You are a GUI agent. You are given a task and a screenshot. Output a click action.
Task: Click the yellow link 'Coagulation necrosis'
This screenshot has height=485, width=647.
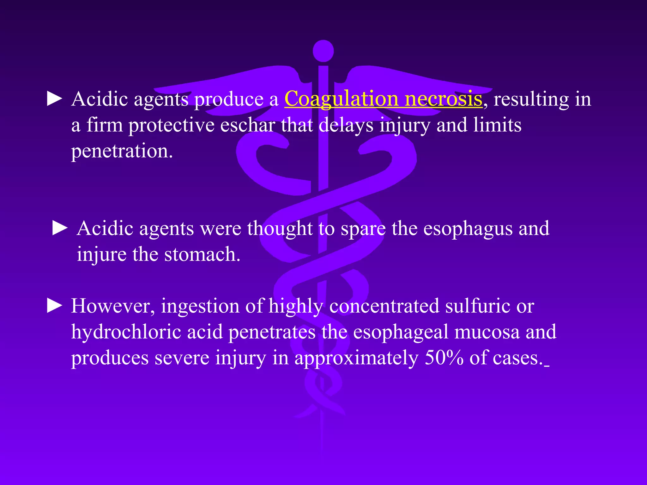[x=383, y=99]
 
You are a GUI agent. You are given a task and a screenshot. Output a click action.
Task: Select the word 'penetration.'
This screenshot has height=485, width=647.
[x=122, y=151]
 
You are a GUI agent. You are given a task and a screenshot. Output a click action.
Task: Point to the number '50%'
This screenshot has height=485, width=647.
[x=444, y=358]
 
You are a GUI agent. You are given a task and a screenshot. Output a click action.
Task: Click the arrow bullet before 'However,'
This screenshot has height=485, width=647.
[x=55, y=306]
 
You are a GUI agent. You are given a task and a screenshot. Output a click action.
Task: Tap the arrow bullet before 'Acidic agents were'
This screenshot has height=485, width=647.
[x=60, y=228]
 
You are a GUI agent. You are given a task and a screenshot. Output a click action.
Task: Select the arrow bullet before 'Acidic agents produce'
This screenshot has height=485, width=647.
[x=55, y=99]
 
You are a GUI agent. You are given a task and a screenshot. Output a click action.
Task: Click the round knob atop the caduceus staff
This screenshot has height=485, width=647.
[x=323, y=51]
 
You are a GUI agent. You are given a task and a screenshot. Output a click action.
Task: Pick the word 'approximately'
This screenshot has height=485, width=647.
[x=356, y=358]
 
